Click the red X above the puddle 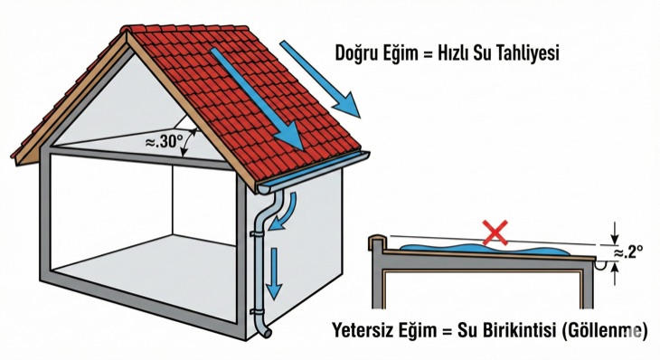tap(495, 233)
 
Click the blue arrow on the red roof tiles tap(258, 98)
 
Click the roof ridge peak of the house tap(127, 33)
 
